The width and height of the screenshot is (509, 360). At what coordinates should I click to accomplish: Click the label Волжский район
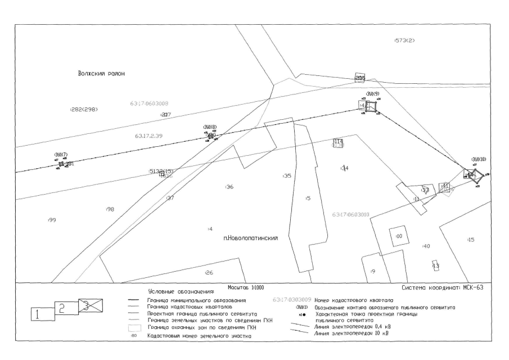point(101,74)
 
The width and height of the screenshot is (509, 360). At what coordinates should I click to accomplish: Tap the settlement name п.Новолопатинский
point(251,238)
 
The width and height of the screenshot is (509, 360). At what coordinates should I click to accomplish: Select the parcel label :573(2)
point(404,41)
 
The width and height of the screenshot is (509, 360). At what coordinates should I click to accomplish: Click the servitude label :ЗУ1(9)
point(372,93)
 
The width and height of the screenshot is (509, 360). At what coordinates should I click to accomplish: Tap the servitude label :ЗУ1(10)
point(479,159)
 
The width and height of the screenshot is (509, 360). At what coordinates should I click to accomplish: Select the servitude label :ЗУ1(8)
point(210,127)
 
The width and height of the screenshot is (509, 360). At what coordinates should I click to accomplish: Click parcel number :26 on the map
point(209,273)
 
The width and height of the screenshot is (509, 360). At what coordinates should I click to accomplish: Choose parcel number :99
point(52,220)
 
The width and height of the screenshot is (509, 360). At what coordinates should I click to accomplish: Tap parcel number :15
point(471,240)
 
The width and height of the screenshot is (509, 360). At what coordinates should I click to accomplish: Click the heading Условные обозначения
point(181,292)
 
